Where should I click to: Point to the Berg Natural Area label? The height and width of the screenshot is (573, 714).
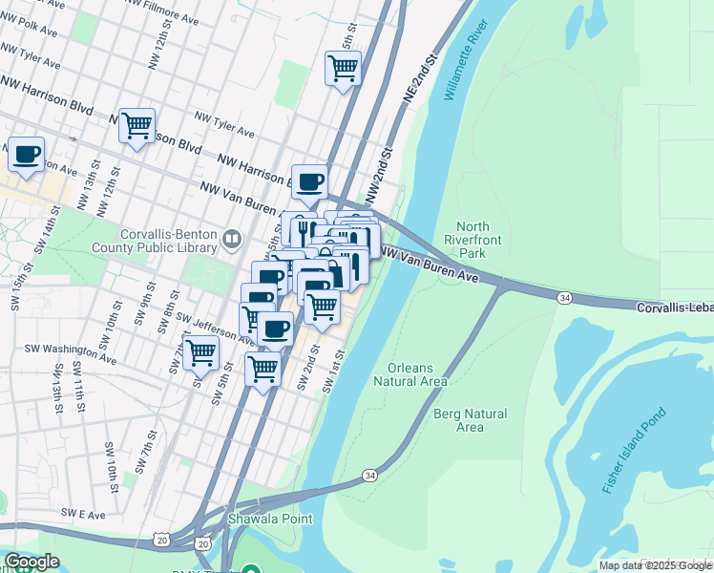(470, 420)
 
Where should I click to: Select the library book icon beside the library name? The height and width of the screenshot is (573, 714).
(231, 239)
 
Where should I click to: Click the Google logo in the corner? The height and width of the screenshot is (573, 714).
(31, 562)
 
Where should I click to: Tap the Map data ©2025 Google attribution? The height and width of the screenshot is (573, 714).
(655, 565)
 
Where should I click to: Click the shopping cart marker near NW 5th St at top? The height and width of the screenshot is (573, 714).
(343, 69)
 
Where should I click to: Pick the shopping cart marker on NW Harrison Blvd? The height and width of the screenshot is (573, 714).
(137, 125)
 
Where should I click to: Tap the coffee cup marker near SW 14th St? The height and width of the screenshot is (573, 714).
(26, 154)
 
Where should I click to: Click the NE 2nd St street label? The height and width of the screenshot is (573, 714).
(418, 79)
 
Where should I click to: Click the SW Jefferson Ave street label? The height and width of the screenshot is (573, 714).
(215, 331)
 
